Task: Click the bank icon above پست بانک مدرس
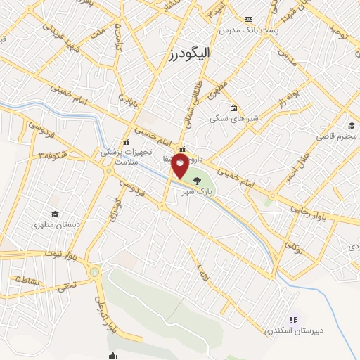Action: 247,19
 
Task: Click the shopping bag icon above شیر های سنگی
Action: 233,108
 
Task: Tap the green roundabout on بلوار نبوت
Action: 95,271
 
